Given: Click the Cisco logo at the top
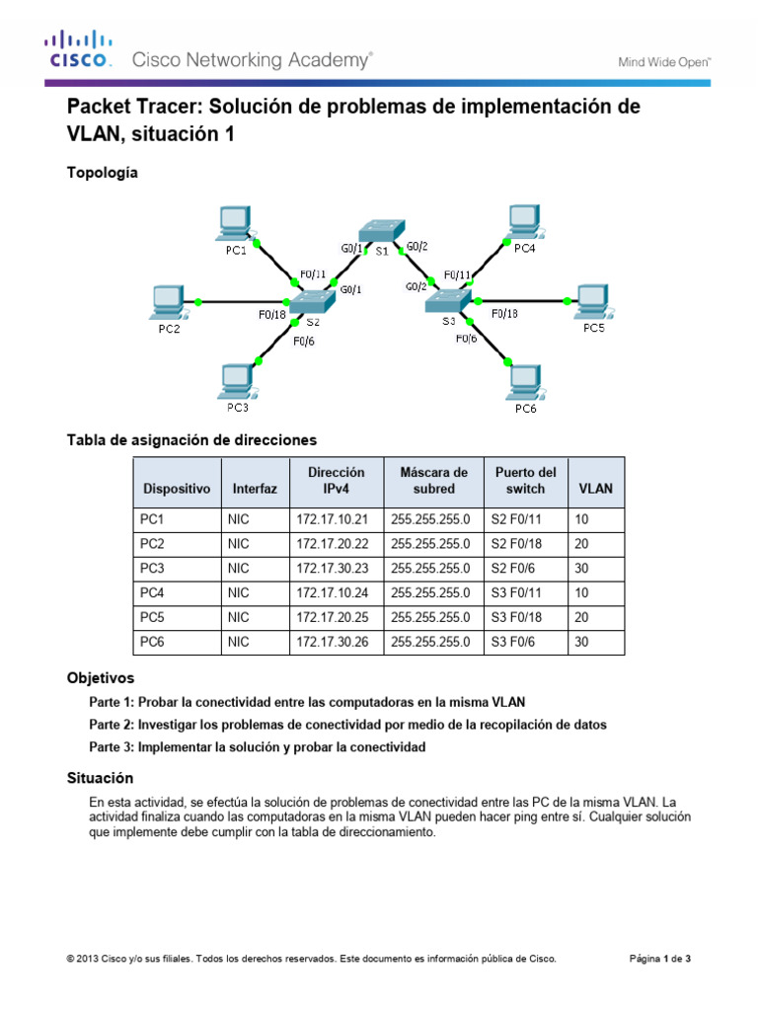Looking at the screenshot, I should click(x=78, y=49).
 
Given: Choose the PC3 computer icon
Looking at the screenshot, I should click(x=238, y=380).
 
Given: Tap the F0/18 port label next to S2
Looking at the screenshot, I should click(x=272, y=316).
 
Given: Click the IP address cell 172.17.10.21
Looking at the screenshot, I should click(x=331, y=518).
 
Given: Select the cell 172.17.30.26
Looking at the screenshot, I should click(x=331, y=642).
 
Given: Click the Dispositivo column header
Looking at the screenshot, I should click(x=177, y=488).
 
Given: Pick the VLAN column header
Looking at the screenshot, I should click(x=595, y=488).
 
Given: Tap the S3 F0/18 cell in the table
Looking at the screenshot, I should click(x=519, y=617).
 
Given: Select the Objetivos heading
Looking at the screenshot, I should click(x=100, y=679).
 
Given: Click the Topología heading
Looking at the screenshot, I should click(x=102, y=173).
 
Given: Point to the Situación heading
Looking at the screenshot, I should click(x=99, y=779).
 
